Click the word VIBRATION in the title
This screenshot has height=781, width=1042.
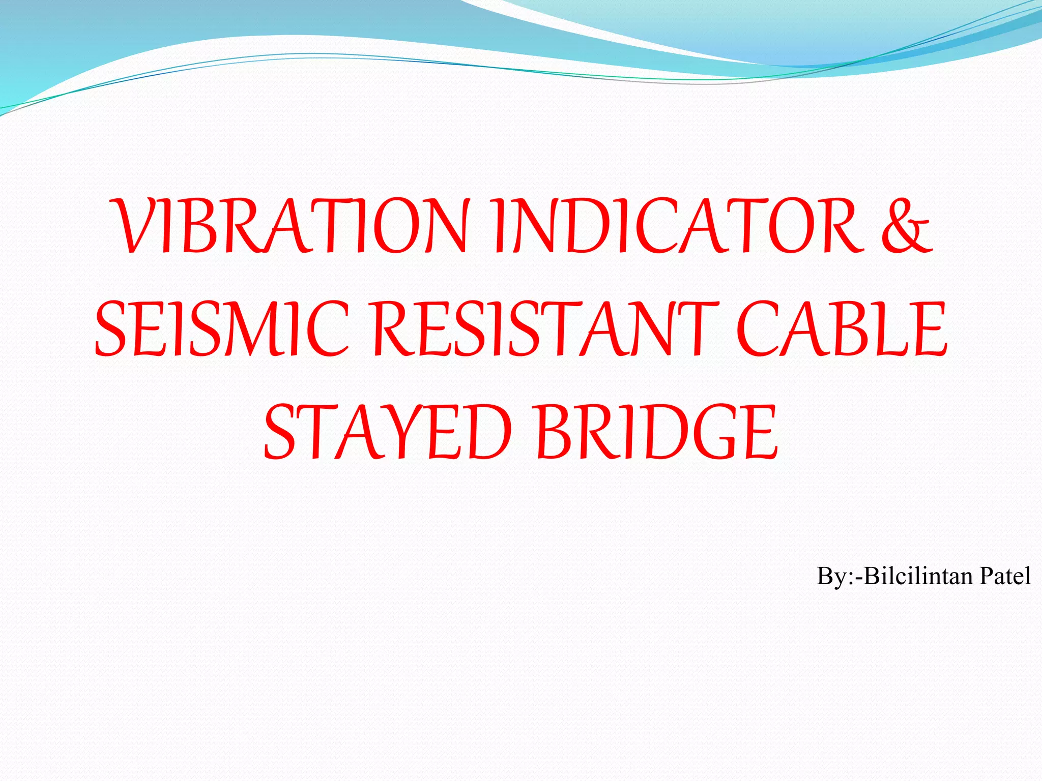[x=290, y=226]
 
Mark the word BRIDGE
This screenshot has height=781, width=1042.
[x=656, y=432]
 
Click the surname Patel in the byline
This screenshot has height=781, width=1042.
[x=1005, y=576]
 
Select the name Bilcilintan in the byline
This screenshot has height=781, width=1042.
[x=918, y=576]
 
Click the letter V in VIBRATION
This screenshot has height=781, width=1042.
[x=135, y=226]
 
